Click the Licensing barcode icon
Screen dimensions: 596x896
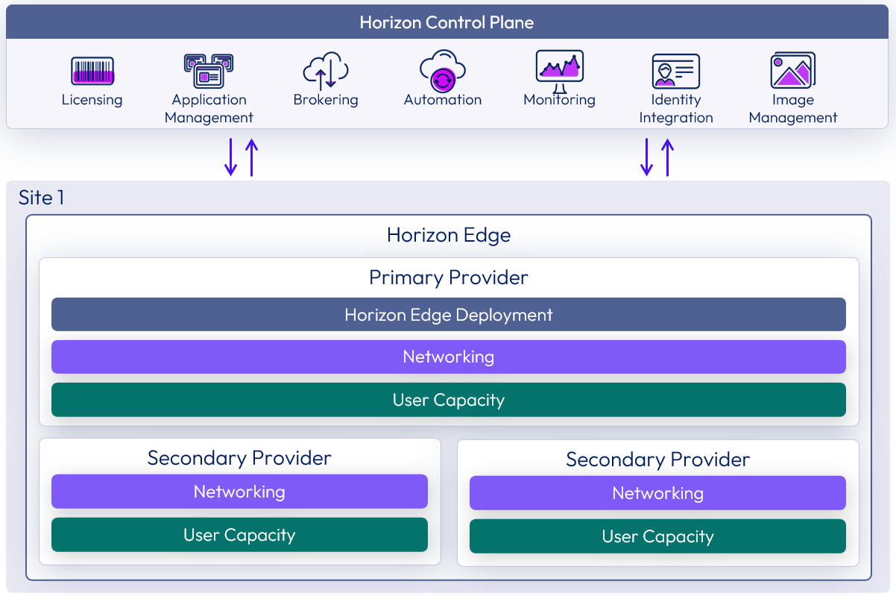pyautogui.click(x=92, y=72)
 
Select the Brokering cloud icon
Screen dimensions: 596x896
pyautogui.click(x=326, y=71)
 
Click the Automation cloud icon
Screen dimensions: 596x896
pyautogui.click(x=443, y=71)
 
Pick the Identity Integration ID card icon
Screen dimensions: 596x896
pyautogui.click(x=675, y=72)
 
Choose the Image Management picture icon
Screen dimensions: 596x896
pyautogui.click(x=792, y=71)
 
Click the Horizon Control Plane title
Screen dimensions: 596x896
pyautogui.click(x=447, y=22)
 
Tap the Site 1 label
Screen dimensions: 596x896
pyautogui.click(x=41, y=198)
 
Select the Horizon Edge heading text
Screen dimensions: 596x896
pyautogui.click(x=449, y=236)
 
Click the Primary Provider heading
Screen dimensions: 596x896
pyautogui.click(x=449, y=277)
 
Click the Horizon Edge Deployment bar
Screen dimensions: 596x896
pyautogui.click(x=449, y=314)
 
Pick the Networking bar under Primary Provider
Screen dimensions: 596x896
pyautogui.click(x=449, y=357)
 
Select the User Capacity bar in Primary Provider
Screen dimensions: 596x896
pyautogui.click(x=449, y=400)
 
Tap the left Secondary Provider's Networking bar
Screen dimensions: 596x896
pyautogui.click(x=239, y=492)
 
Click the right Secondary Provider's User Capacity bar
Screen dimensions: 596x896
pyautogui.click(x=657, y=536)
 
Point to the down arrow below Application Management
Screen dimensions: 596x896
pyautogui.click(x=231, y=157)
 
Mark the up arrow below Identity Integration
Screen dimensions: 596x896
pyautogui.click(x=667, y=157)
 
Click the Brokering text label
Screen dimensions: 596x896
pyautogui.click(x=326, y=100)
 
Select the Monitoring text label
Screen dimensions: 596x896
pyautogui.click(x=559, y=100)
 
